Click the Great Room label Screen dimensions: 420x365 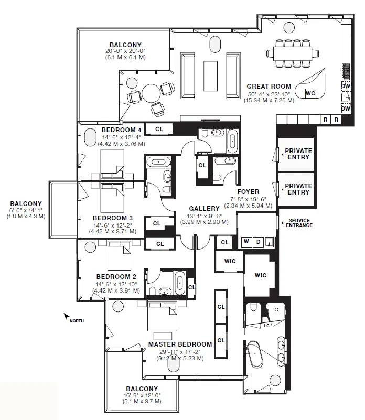[x=269, y=87]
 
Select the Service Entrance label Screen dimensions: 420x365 [x=299, y=222]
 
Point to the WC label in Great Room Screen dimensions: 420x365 [x=310, y=93]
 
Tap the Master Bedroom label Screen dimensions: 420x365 [x=180, y=344]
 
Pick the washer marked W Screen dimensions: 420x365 [x=245, y=242]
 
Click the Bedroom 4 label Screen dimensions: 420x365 [x=121, y=130]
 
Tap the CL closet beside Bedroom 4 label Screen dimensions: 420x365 [x=159, y=128]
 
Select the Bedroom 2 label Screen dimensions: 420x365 [x=116, y=277]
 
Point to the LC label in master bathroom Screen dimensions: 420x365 [x=266, y=326]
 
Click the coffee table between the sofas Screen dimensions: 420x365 [x=211, y=71]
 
